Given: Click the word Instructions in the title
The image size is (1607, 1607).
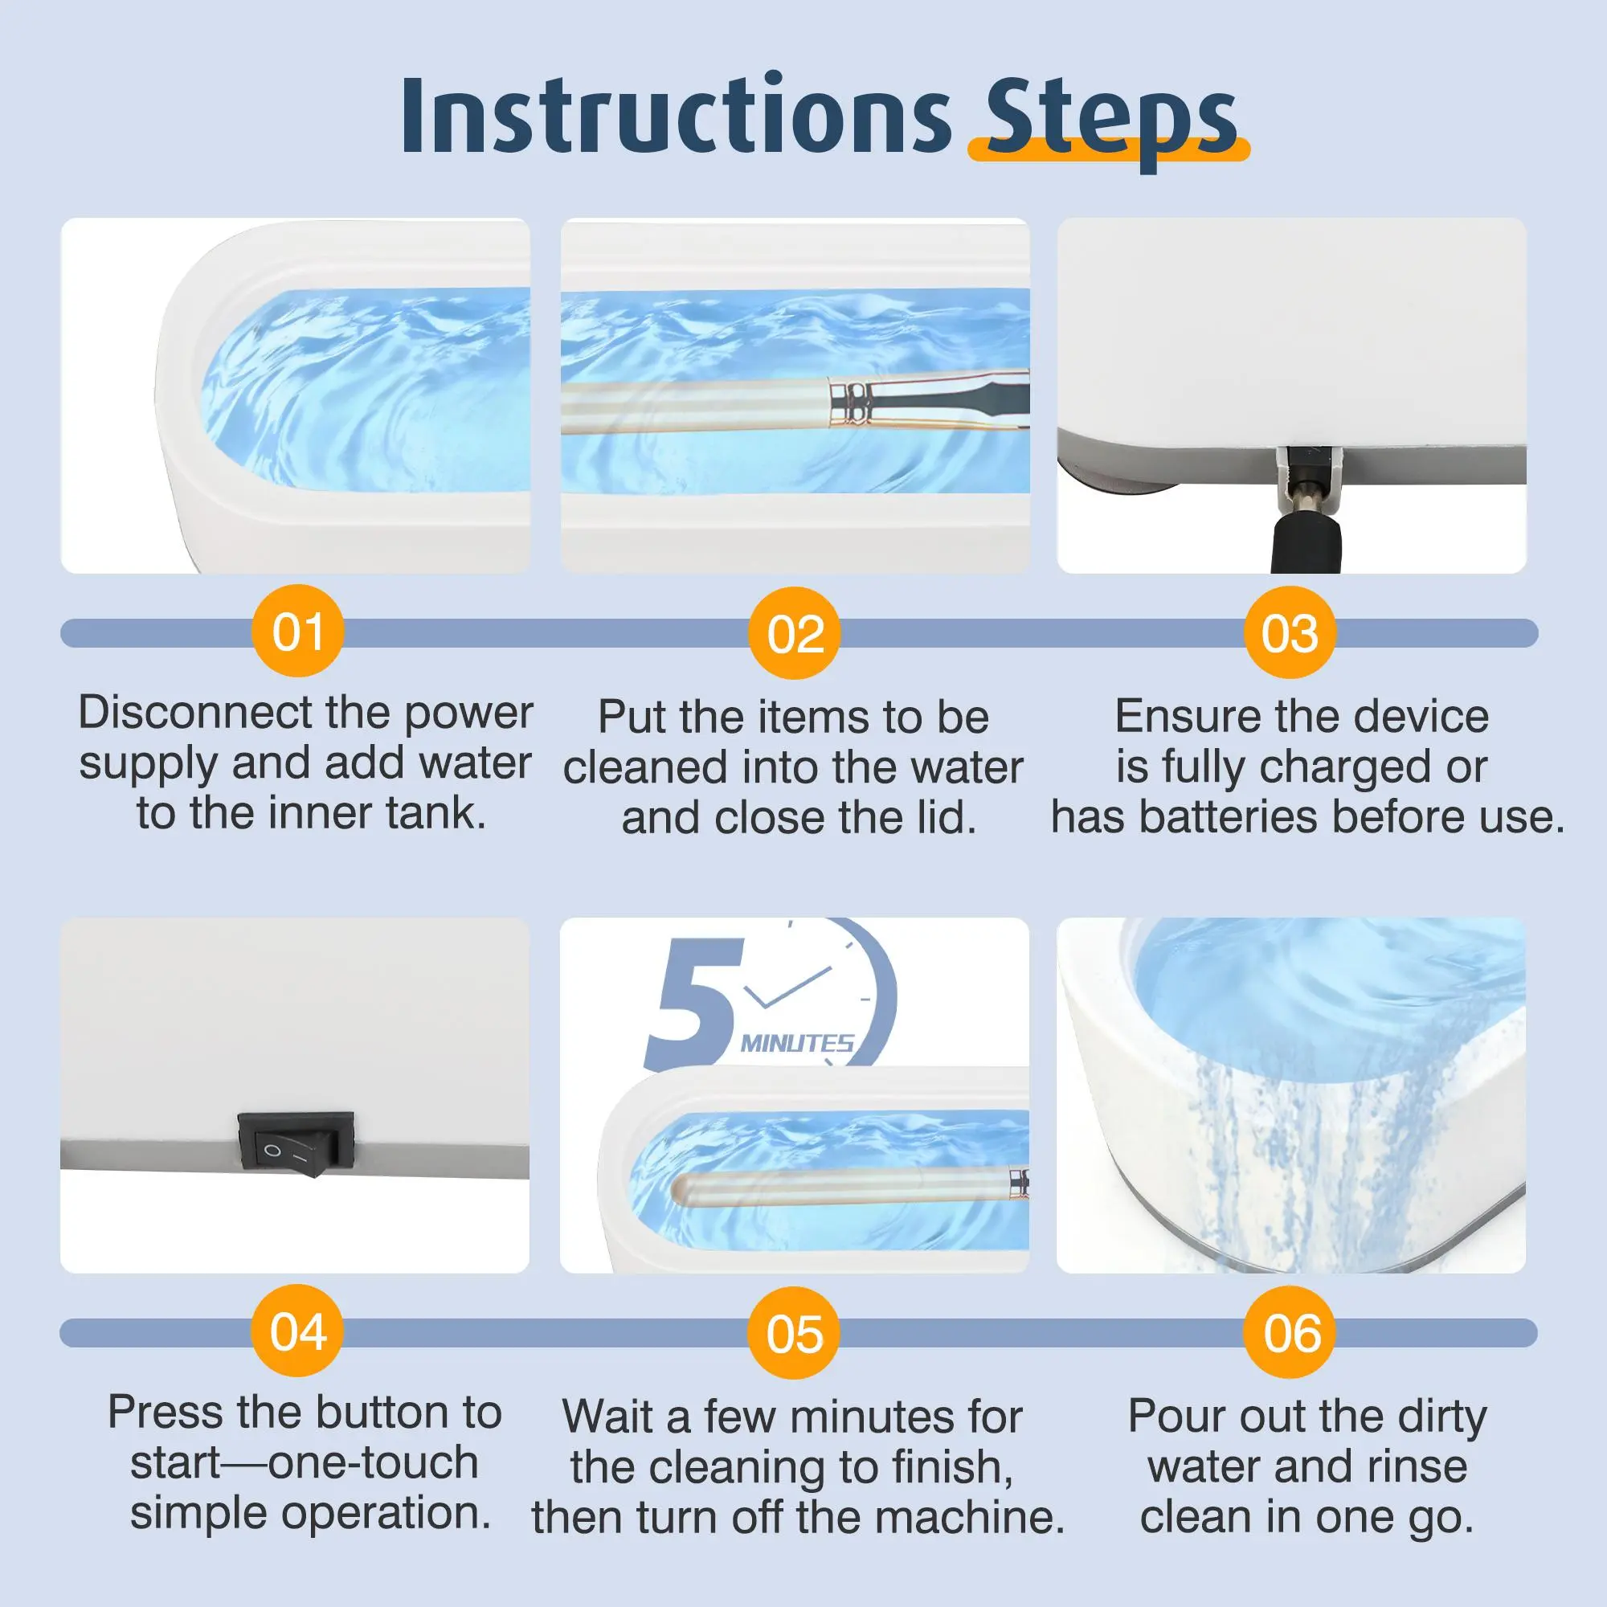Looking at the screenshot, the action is click(677, 116).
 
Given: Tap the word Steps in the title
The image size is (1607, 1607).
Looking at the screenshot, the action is click(1111, 123).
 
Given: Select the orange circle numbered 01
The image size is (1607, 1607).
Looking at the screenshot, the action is click(297, 632).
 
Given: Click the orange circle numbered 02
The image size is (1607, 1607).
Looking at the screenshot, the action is click(795, 633).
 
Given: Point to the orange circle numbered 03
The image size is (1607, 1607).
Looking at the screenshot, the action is click(1290, 632).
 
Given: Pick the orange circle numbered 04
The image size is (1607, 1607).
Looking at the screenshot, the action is click(297, 1331).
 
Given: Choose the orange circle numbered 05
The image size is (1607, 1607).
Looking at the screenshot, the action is click(795, 1333).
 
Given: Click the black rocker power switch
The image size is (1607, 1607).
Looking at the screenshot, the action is click(296, 1143).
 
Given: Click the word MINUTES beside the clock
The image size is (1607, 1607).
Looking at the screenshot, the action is click(797, 1043).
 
